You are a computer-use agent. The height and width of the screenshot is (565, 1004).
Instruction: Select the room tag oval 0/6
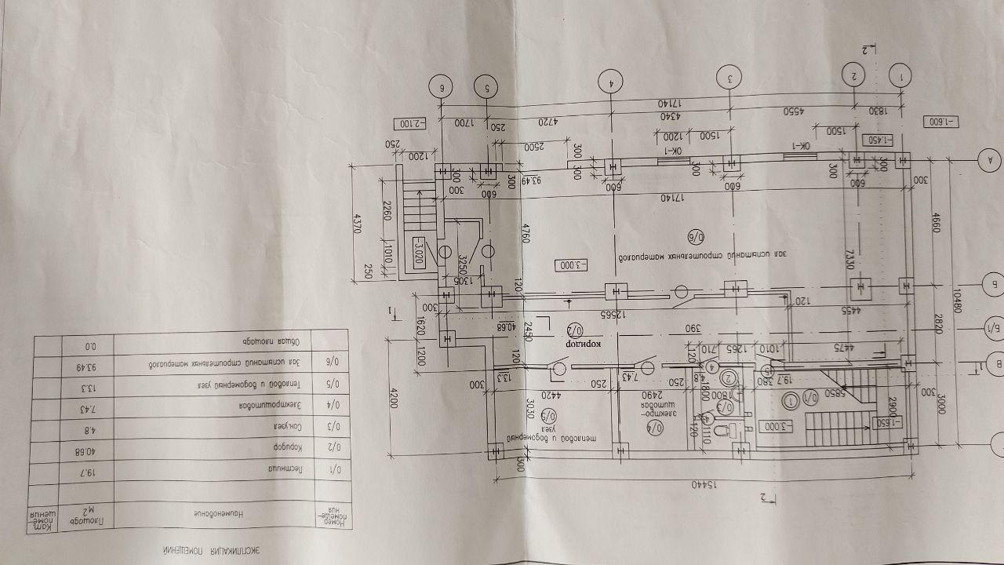(x=697, y=235)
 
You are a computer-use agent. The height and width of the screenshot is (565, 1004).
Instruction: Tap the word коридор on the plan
(x=584, y=344)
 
